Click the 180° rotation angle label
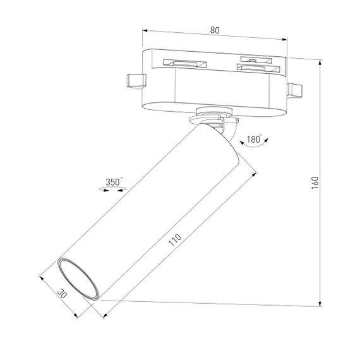(x=255, y=138)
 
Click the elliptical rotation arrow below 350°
(x=114, y=188)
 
